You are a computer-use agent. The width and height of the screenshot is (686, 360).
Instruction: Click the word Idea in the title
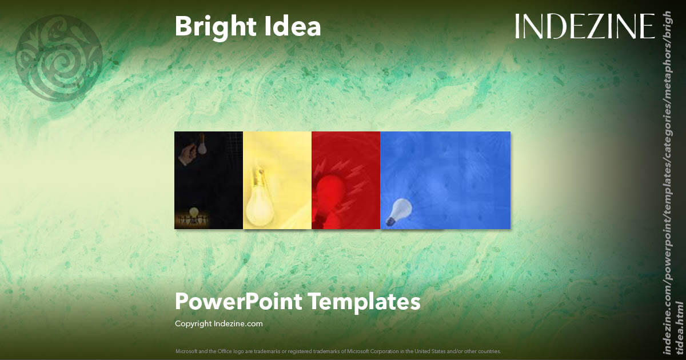click(295, 27)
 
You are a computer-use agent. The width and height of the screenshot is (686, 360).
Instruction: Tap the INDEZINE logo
click(585, 26)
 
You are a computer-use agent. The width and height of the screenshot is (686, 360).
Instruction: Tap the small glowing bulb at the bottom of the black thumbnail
click(194, 212)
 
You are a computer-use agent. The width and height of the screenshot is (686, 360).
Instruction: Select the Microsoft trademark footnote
click(338, 351)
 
